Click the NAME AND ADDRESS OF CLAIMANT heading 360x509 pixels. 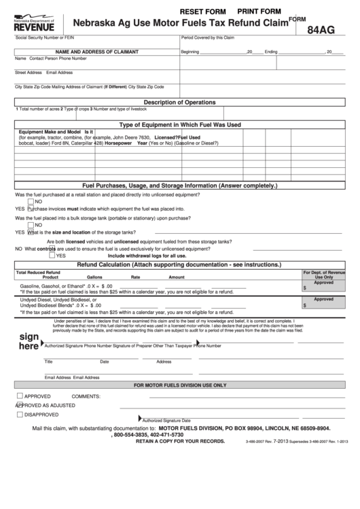tap(97, 52)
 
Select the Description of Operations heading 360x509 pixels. tap(180, 102)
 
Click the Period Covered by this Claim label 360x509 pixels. tap(208, 38)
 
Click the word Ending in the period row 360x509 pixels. tap(271, 52)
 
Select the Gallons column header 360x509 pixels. tap(94, 277)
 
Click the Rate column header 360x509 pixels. tap(136, 277)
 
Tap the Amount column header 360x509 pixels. tap(177, 277)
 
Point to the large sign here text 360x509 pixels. tap(29, 341)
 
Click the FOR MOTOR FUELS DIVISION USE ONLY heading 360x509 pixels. tap(180, 385)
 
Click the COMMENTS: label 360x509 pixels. tap(86, 396)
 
